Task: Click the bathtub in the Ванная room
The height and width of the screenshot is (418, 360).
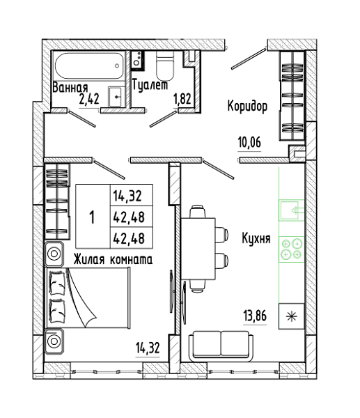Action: click(90, 65)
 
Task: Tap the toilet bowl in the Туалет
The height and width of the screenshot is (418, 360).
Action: click(165, 65)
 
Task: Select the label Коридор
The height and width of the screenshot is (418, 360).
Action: click(248, 106)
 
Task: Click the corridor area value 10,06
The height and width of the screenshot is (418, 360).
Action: click(249, 142)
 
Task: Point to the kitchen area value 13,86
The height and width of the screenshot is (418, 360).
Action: click(255, 316)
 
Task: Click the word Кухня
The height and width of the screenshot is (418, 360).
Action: click(256, 238)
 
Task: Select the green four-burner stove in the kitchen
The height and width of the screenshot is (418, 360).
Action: click(292, 249)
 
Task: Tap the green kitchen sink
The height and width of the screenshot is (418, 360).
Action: click(292, 210)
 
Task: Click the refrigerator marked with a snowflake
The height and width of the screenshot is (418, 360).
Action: click(292, 316)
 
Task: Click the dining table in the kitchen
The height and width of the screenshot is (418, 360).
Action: click(198, 249)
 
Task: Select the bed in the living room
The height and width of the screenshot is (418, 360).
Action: click(88, 297)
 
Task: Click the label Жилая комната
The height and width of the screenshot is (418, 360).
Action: click(113, 259)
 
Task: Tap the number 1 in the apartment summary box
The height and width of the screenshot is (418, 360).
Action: click(92, 217)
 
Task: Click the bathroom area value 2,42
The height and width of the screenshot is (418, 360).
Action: click(89, 100)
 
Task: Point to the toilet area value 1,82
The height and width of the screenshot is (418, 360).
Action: click(182, 99)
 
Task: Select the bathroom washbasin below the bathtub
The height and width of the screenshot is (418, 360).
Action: click(116, 97)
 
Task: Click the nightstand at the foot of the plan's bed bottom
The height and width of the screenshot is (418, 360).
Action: click(54, 341)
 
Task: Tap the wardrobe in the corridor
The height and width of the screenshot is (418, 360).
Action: click(292, 96)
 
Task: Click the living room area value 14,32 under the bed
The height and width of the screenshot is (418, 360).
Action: click(148, 348)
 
